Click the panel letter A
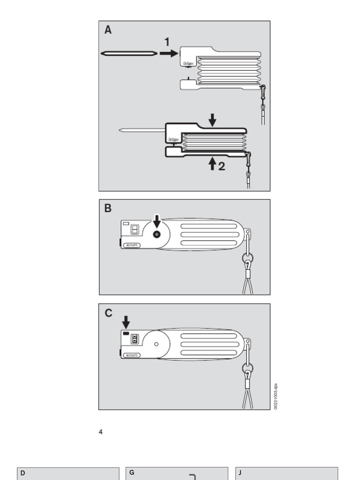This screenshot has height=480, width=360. pyautogui.click(x=108, y=30)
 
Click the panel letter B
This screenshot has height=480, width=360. pyautogui.click(x=108, y=208)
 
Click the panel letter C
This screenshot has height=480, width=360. pyautogui.click(x=108, y=313)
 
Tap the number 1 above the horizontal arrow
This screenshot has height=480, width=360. pyautogui.click(x=167, y=42)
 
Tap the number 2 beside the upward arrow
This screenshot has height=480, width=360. pyautogui.click(x=221, y=166)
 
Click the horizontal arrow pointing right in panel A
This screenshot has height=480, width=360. pyautogui.click(x=169, y=53)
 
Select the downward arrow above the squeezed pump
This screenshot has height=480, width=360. pyautogui.click(x=212, y=120)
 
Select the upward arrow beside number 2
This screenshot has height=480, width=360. pyautogui.click(x=212, y=164)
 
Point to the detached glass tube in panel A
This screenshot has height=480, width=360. pyautogui.click(x=128, y=53)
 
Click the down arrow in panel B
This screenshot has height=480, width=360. pyautogui.click(x=157, y=220)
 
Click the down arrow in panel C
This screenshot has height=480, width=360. pyautogui.click(x=126, y=322)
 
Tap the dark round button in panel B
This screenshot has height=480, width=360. pyautogui.click(x=157, y=234)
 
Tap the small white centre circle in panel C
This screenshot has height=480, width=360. pyautogui.click(x=156, y=344)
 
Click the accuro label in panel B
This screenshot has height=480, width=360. pyautogui.click(x=132, y=245)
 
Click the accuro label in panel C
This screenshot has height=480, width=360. pyautogui.click(x=132, y=355)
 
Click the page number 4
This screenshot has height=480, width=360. pyautogui.click(x=100, y=432)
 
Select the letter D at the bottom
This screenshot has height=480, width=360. pyautogui.click(x=22, y=473)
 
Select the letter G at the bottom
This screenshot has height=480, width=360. pyautogui.click(x=132, y=473)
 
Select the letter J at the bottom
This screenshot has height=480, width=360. pyautogui.click(x=240, y=473)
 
